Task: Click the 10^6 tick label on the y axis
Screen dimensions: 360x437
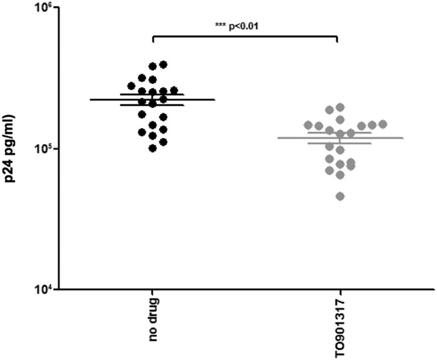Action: [34, 8]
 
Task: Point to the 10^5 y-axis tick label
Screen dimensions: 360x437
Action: [34, 149]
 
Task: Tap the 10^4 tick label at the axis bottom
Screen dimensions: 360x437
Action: [34, 289]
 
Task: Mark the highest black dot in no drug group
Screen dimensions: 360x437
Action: [163, 65]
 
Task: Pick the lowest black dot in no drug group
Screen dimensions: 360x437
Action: [153, 148]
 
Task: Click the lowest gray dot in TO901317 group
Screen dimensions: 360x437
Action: [340, 196]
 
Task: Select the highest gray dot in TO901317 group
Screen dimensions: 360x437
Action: [340, 107]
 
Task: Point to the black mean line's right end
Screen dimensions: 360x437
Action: [214, 100]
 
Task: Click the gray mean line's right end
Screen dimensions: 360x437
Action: [402, 138]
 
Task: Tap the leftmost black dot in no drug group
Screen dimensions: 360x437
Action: [131, 85]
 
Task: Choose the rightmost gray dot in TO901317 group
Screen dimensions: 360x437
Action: [383, 124]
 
